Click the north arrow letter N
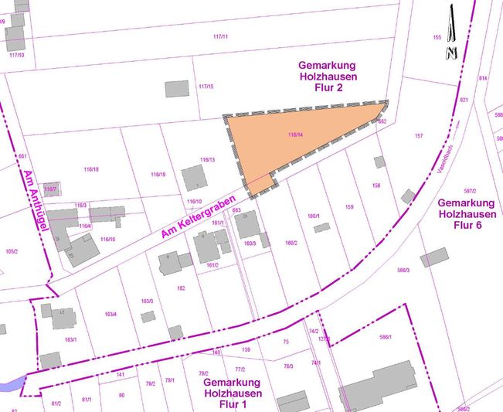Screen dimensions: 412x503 (451, 53)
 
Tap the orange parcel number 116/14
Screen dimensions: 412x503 (294, 135)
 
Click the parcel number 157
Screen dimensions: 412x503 (419, 136)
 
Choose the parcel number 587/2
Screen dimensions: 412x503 (470, 191)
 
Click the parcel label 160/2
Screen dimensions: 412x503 (291, 243)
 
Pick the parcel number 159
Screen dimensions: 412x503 (348, 207)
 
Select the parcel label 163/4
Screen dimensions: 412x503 (110, 314)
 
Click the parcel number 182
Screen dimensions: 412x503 (181, 288)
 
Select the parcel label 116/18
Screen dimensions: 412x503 (90, 169)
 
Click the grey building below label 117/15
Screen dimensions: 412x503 (176, 88)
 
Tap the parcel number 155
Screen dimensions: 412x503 (437, 37)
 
